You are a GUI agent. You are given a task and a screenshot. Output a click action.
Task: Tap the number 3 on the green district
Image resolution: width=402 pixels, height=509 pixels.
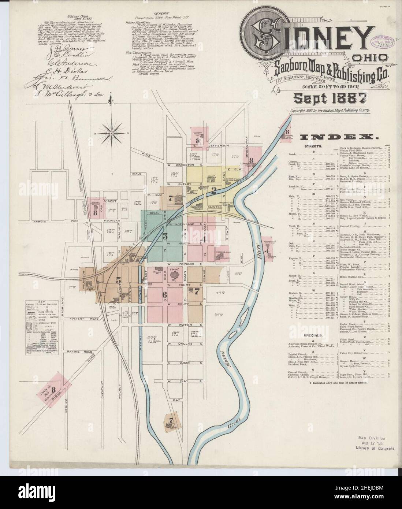click(x=165, y=237)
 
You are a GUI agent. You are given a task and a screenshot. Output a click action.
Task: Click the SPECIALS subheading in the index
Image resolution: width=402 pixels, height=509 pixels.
click(x=312, y=335)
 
